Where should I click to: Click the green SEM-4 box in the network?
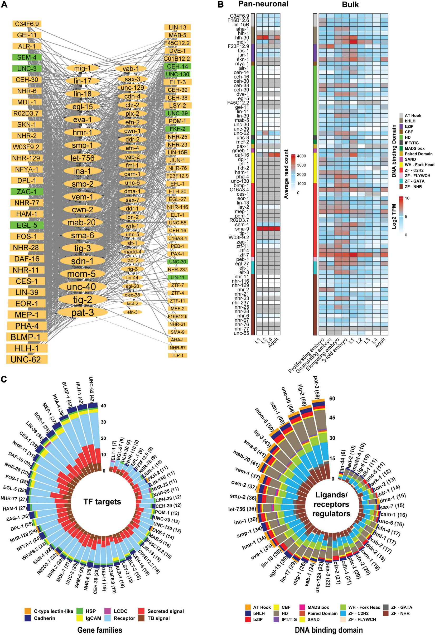[27, 57]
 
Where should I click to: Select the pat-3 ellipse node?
[83, 313]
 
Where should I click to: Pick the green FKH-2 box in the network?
[177, 129]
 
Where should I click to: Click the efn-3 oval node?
[132, 312]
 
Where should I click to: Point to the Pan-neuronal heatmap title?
[263, 4]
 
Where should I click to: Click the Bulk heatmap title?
[352, 4]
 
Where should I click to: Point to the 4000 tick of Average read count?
[302, 156]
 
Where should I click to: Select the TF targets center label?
[102, 501]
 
